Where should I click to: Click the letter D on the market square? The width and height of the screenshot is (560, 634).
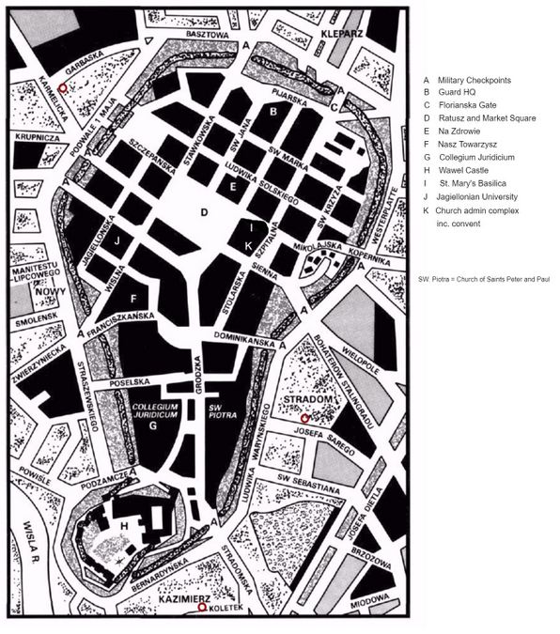(202, 212)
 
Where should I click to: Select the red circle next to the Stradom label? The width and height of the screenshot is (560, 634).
(304, 415)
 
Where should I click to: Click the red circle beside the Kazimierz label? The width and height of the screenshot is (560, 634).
(202, 608)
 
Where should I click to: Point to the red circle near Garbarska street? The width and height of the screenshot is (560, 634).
(63, 86)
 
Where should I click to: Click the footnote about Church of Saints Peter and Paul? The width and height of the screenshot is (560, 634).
(483, 279)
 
